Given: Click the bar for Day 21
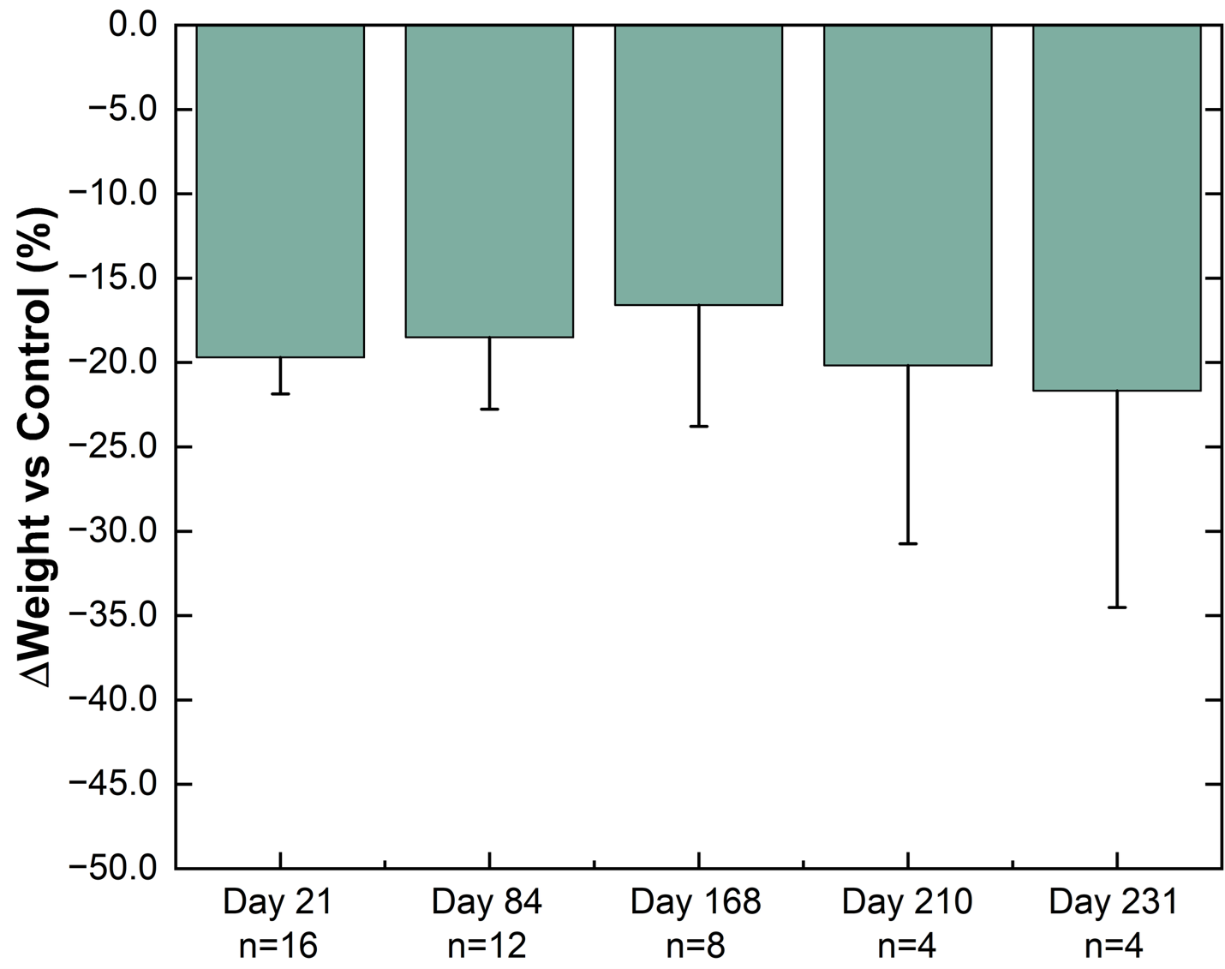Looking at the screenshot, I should tap(280, 191).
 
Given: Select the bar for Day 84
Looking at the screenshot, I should tap(489, 181).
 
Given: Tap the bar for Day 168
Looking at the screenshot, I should tap(698, 164).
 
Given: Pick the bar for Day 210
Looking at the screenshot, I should tap(907, 195).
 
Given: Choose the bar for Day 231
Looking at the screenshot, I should tap(1116, 208).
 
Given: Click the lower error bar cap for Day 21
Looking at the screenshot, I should tap(280, 394).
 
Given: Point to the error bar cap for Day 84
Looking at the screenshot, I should tap(489, 410).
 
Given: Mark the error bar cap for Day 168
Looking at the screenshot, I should tap(698, 426).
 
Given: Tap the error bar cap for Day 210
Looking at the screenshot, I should tap(907, 544).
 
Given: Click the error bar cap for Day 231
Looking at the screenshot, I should tap(1116, 607).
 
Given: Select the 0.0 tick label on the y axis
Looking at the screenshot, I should tap(133, 26).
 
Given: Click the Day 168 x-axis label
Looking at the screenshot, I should tap(696, 903).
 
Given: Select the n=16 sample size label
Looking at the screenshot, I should tap(279, 946).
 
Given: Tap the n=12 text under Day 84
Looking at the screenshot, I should tap(487, 946).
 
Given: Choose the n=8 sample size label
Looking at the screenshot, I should tap(696, 946).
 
